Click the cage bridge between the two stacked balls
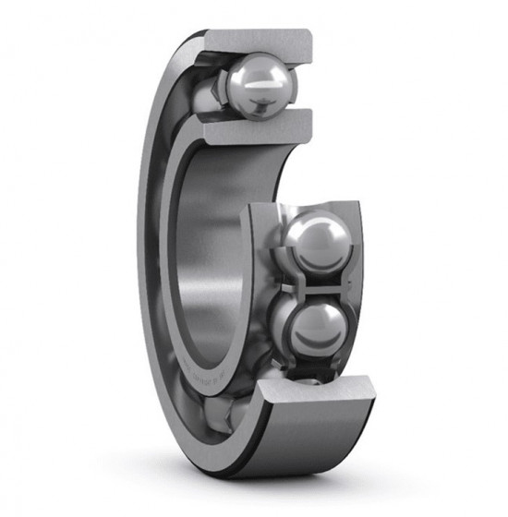[312, 286]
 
